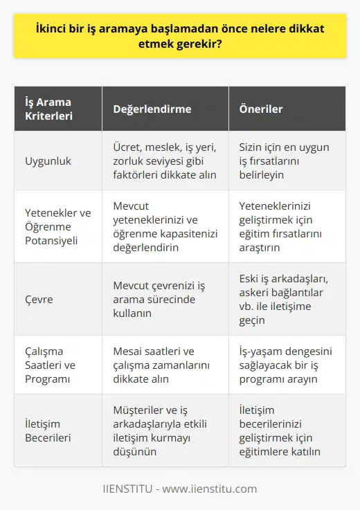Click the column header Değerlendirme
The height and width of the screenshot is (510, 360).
(152, 109)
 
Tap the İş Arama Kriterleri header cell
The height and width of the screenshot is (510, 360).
(45, 109)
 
